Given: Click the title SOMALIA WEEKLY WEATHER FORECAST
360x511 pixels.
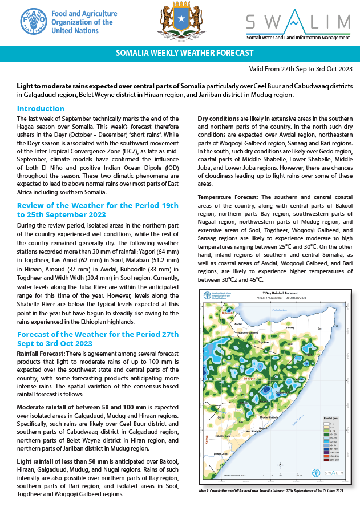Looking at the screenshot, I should (184, 54).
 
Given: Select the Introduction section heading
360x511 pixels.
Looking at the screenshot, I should (41, 108).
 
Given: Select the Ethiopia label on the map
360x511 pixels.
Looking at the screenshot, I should (249, 378).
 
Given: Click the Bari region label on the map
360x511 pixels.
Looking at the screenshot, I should (320, 329).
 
